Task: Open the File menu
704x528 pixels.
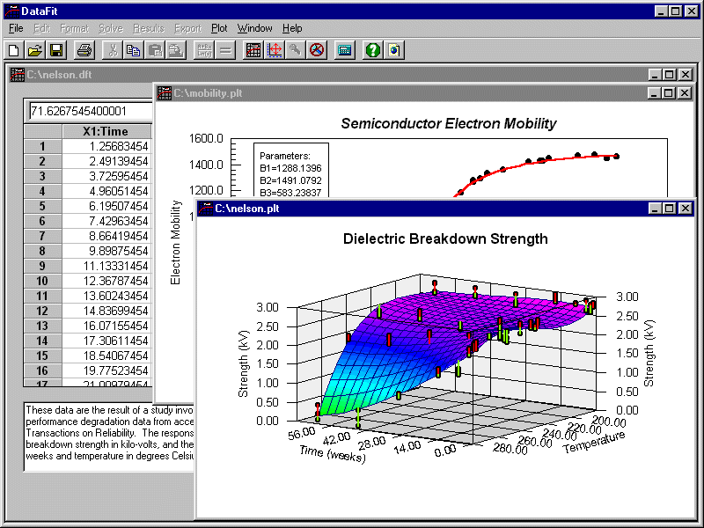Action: [x=16, y=29]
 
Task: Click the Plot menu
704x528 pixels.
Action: [x=219, y=29]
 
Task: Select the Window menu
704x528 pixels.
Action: [x=255, y=29]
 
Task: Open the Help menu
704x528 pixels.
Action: [x=292, y=29]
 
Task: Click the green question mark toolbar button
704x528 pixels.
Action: [x=372, y=50]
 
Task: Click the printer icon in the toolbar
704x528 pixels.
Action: [x=84, y=50]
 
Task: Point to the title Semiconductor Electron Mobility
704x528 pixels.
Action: [x=449, y=123]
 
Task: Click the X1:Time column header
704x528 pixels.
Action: [x=106, y=131]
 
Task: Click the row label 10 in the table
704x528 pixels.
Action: [x=42, y=281]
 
